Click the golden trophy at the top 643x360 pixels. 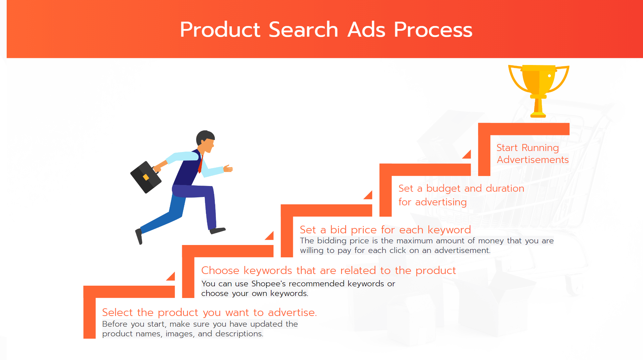538,87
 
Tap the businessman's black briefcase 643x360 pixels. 146,177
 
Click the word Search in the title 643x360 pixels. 303,30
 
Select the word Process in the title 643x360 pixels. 433,30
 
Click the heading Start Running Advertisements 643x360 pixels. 532,154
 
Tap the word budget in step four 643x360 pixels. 443,189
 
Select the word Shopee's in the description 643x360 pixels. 268,284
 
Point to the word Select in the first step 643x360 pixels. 117,312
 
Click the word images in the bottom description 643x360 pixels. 179,334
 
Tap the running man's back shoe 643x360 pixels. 139,236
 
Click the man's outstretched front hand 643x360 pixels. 228,168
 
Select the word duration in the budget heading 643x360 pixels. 505,189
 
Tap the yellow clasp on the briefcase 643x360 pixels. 146,177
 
